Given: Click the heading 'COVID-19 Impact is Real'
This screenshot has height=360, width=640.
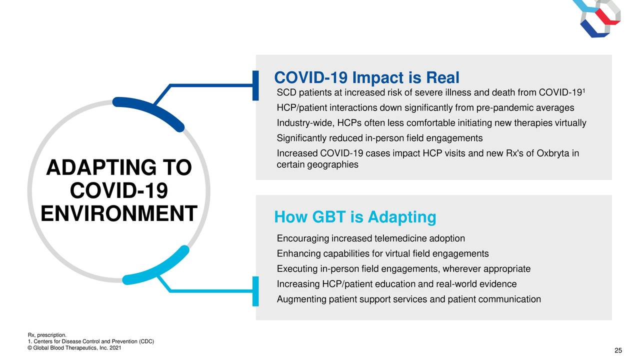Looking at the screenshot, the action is (x=366, y=77).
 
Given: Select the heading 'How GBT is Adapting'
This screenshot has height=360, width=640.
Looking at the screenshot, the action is (x=355, y=217).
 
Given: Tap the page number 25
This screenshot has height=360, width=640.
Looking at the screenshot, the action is (x=618, y=350).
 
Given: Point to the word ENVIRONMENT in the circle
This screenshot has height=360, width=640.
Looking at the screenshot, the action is (x=119, y=213).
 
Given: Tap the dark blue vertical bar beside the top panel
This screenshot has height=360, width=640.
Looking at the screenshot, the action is (x=255, y=85).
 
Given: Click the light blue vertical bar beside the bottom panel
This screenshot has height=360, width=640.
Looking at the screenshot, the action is (x=255, y=291).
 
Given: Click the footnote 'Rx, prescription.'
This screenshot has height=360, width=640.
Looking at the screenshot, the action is (x=47, y=335).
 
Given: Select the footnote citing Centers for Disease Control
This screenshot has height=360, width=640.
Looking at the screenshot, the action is (x=91, y=341).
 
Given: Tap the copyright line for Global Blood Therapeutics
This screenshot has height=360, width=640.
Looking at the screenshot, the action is (x=74, y=348).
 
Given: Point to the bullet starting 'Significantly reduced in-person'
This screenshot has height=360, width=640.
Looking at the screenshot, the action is (x=379, y=138).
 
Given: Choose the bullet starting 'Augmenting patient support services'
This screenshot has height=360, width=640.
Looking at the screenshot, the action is (x=409, y=299).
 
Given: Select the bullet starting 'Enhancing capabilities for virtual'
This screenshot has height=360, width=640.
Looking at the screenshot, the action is (x=383, y=253).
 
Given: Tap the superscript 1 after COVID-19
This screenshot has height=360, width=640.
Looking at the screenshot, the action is (x=583, y=90).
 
